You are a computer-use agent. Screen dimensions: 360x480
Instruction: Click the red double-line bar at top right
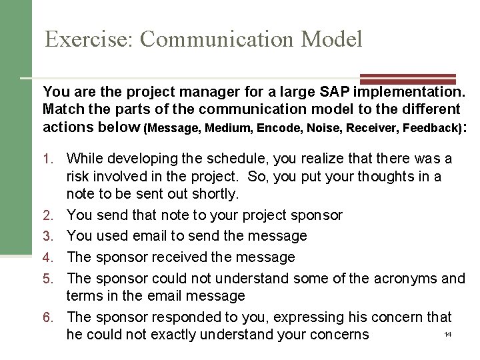click(x=407, y=79)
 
